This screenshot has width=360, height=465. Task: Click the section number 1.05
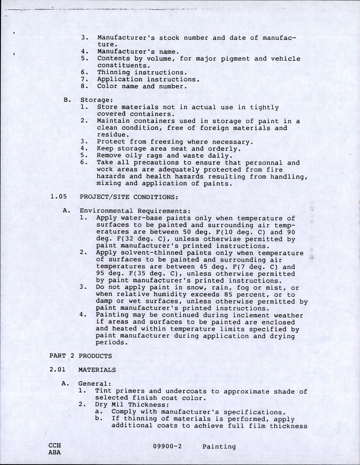pos(59,197)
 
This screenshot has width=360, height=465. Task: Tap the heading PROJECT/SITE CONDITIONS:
pos(129,197)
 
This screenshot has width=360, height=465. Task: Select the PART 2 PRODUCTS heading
pos(81,356)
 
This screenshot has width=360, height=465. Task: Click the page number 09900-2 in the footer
pos(167,447)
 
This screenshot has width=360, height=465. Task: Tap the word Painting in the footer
pos(219,447)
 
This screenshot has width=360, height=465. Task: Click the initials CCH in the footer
pos(55,445)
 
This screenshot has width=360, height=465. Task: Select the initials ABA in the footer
pos(55,452)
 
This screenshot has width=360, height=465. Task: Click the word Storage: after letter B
pos(96,100)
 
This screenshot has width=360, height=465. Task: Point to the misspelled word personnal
pos(264,163)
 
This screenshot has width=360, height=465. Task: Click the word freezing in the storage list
pos(167,142)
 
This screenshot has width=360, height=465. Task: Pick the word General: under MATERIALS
pos(95,384)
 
